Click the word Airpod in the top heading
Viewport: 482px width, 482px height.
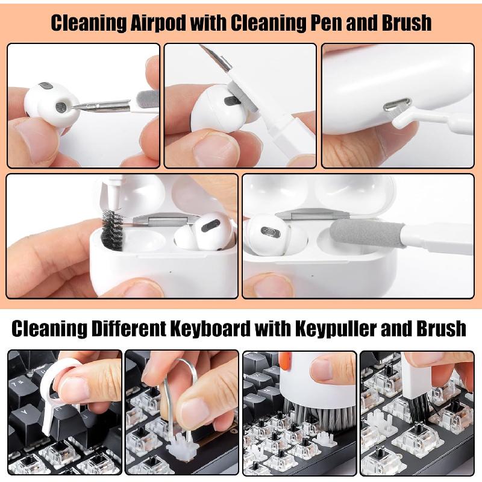click(158, 23)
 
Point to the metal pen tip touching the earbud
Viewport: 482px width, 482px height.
click(90, 107)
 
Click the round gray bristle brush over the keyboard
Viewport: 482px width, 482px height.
click(319, 416)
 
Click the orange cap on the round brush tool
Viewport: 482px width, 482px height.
click(285, 361)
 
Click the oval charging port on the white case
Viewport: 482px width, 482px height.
click(395, 106)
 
